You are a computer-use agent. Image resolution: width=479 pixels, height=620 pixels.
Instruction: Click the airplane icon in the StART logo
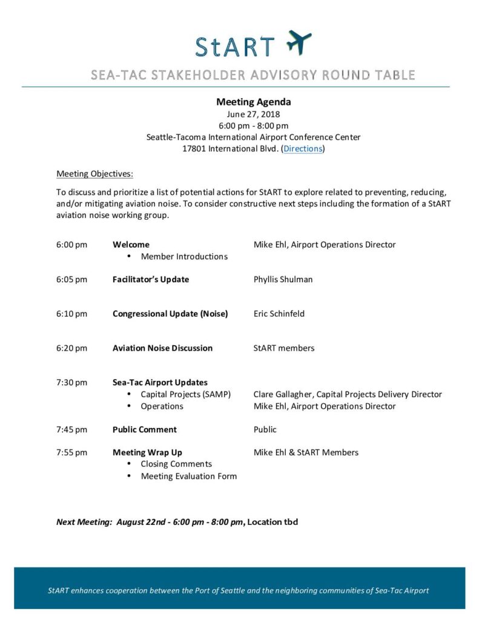click(299, 42)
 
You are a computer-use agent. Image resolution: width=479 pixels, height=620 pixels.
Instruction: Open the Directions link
click(303, 148)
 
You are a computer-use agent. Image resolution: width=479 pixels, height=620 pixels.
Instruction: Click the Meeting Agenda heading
click(254, 102)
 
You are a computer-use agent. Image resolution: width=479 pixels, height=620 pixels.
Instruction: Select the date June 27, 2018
click(253, 114)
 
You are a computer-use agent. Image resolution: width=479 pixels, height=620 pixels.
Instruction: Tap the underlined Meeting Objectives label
click(94, 174)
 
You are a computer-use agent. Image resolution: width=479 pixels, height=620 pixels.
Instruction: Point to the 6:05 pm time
click(72, 279)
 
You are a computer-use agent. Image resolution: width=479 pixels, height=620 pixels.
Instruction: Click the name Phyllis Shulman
click(283, 279)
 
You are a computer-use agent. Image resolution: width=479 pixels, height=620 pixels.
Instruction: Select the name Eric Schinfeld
click(279, 314)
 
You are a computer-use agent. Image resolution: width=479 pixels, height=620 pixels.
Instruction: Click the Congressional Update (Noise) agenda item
click(170, 314)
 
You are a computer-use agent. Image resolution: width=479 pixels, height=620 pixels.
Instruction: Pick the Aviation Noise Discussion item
click(162, 348)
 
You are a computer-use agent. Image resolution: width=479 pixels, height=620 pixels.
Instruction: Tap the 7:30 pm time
click(72, 383)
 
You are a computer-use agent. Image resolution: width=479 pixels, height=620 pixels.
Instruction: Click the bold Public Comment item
click(145, 429)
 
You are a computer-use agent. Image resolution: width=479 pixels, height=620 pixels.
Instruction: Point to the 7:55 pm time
click(72, 452)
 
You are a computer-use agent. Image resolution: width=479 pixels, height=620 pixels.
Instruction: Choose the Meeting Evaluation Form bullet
click(188, 476)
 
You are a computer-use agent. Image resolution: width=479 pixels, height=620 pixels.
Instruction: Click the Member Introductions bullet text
click(184, 256)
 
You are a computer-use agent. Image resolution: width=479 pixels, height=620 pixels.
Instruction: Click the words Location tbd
click(273, 522)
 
